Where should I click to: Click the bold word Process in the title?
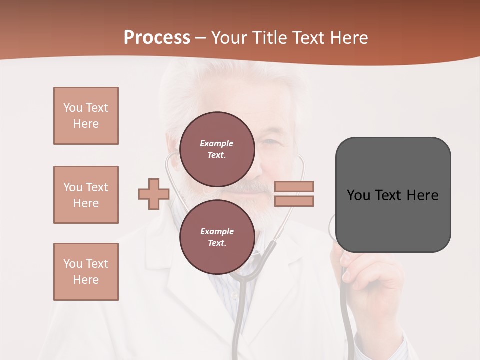(157, 38)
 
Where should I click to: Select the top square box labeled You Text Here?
(86, 116)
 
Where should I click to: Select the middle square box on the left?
(86, 195)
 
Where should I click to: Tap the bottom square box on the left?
(86, 272)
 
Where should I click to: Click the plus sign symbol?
(154, 194)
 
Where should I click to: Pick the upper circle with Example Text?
(217, 149)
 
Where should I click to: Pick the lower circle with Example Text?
(217, 237)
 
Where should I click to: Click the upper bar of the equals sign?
(294, 186)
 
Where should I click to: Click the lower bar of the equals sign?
(294, 201)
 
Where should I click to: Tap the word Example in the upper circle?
(217, 143)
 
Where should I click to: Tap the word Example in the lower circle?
(217, 231)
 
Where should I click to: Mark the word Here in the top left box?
(86, 124)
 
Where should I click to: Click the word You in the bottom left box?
(72, 264)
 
